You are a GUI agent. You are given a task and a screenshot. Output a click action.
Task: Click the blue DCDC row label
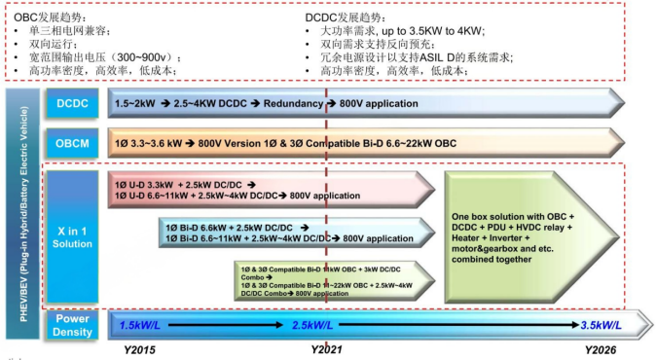click(71, 103)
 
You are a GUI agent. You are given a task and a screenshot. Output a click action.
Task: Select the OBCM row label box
click(71, 142)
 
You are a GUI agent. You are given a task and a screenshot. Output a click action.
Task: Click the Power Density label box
click(71, 324)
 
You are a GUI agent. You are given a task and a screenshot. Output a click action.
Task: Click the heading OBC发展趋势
click(44, 17)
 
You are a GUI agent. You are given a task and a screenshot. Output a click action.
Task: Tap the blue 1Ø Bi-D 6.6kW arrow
click(292, 232)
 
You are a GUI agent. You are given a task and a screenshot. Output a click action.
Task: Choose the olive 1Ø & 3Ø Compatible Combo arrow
click(331, 277)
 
